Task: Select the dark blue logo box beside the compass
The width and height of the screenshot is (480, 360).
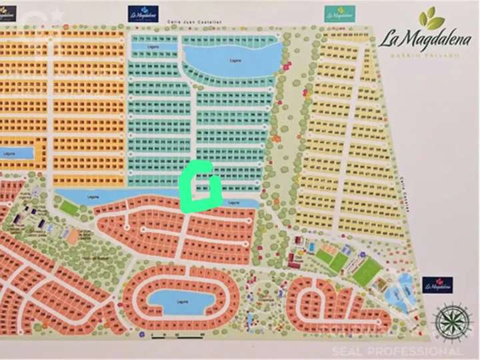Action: click(437, 285)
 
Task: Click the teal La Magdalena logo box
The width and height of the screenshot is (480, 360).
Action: click(340, 13)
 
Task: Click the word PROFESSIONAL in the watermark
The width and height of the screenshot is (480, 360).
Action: click(426, 351)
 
